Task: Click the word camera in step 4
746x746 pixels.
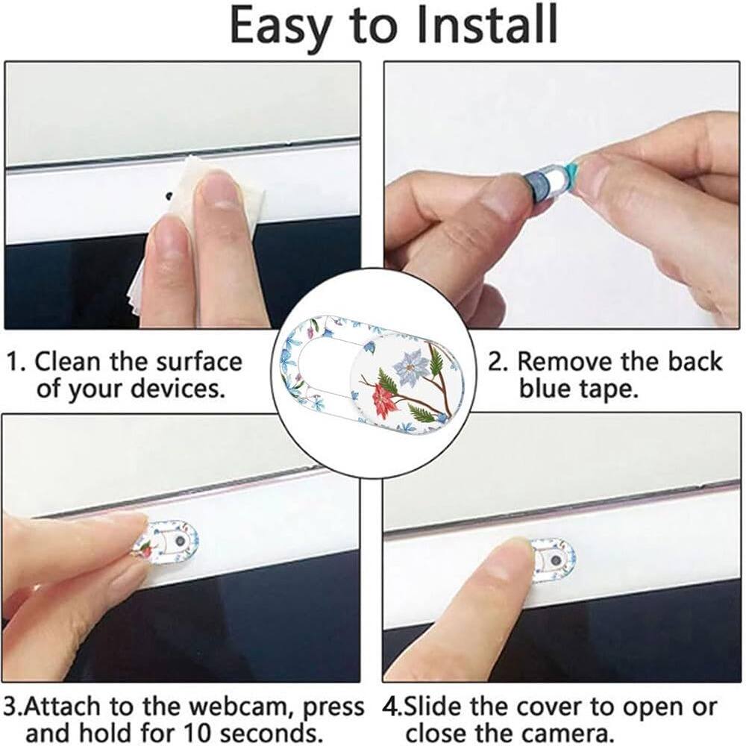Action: (557, 731)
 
